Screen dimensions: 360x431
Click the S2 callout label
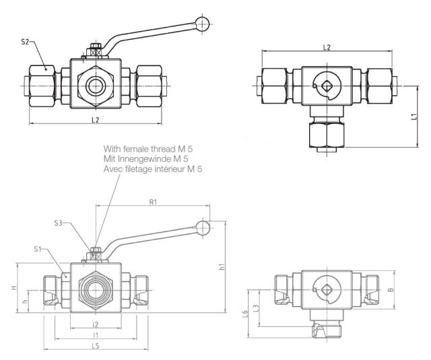tap(26, 42)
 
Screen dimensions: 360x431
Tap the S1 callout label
tap(38, 250)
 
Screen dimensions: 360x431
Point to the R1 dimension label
tap(154, 202)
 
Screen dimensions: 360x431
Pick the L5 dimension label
tap(96, 346)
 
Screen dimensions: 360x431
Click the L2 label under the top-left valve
tap(95, 120)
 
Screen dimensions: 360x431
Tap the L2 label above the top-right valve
tap(326, 47)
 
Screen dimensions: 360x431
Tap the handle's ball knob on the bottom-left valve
tap(201, 227)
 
